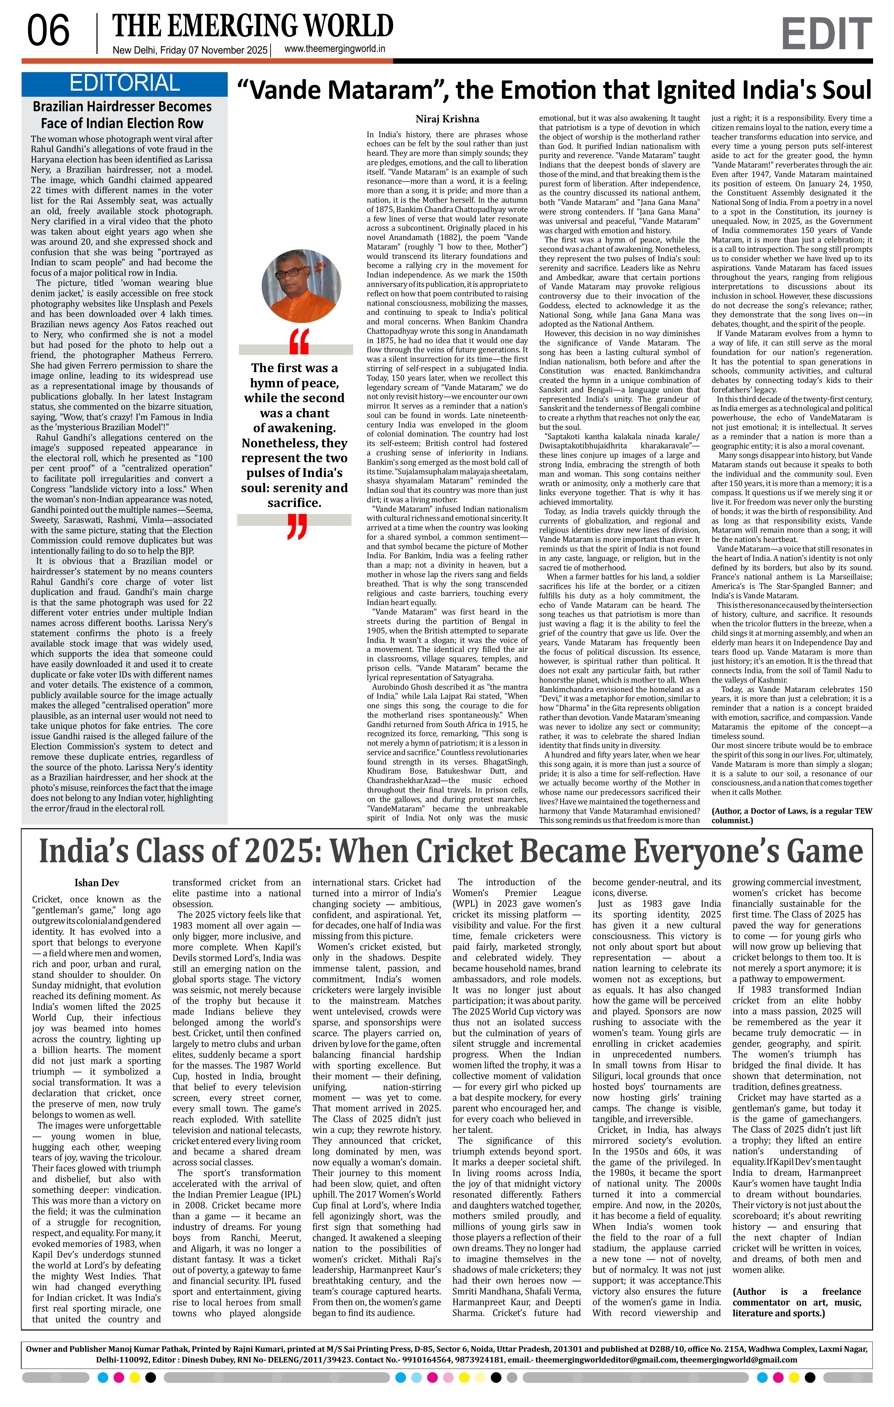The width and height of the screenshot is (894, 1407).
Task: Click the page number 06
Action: click(x=49, y=32)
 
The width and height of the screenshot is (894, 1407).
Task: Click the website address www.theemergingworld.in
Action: click(x=334, y=50)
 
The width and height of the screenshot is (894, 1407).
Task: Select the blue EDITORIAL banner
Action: click(x=124, y=84)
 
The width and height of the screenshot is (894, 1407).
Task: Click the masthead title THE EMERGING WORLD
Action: click(x=253, y=26)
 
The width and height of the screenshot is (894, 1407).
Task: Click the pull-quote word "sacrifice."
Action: click(x=295, y=503)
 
